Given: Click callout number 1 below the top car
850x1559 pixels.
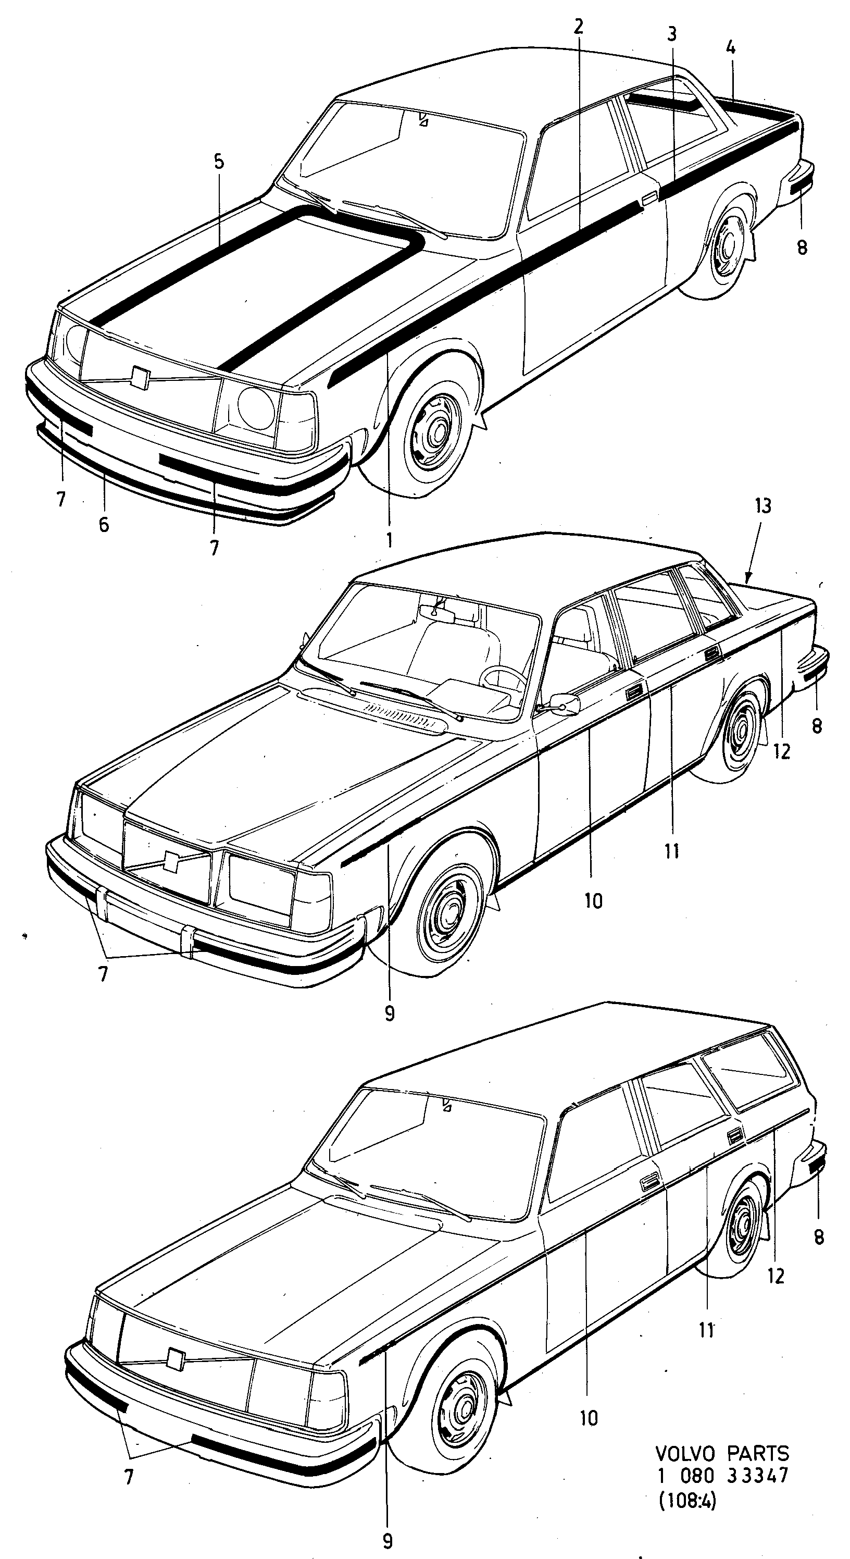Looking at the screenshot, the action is (389, 539).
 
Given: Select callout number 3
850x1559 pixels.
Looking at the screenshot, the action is (671, 34).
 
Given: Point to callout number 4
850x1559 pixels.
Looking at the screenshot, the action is (730, 47).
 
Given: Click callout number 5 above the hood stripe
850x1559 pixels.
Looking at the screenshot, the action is (218, 162).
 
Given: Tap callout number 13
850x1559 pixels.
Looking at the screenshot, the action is (763, 505).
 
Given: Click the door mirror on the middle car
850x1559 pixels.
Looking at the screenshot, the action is (565, 703).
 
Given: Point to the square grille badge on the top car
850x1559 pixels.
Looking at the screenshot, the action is (140, 378).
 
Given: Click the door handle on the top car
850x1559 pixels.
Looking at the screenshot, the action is (648, 197).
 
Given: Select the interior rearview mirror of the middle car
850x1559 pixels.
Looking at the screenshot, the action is (445, 611).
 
